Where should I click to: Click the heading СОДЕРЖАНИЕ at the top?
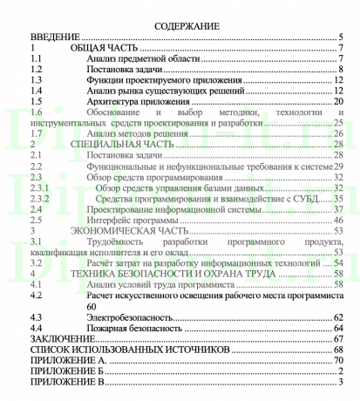(x=181, y=26)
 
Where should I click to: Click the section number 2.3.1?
(x=39, y=187)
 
